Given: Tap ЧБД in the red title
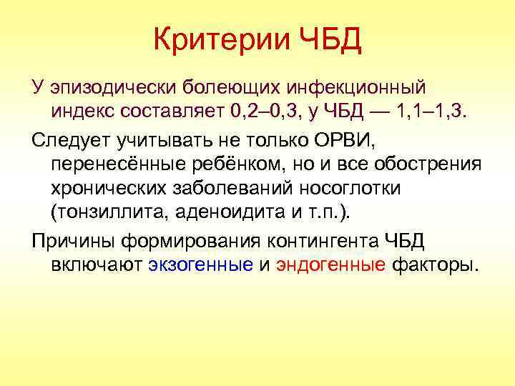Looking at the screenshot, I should click(328, 41).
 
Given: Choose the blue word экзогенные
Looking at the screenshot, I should click(201, 264).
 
